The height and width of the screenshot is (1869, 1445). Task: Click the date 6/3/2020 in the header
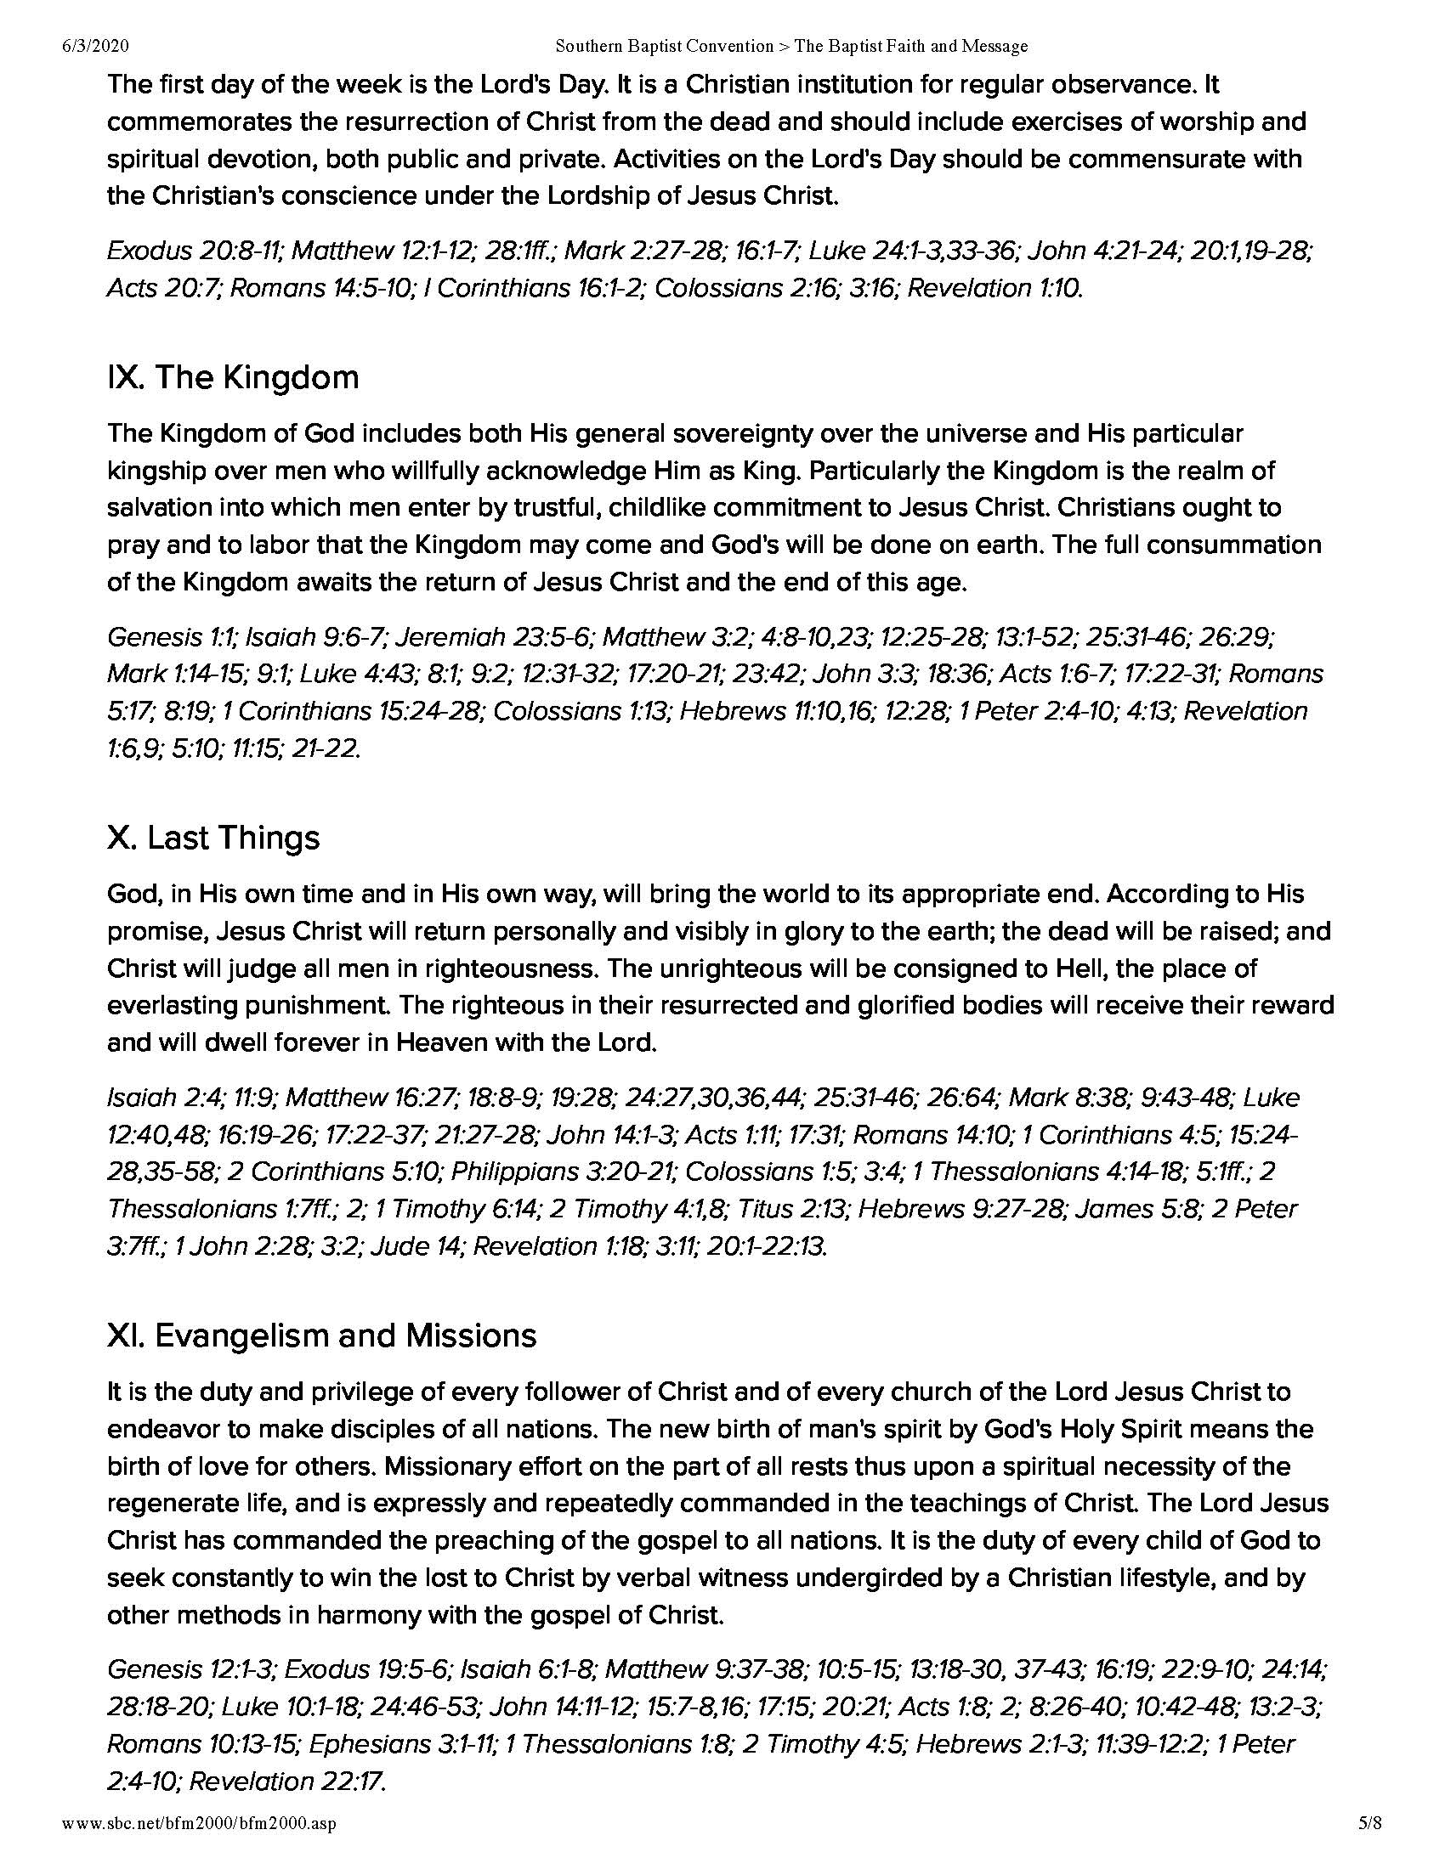(x=95, y=46)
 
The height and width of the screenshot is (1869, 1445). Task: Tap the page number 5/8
(x=1369, y=1824)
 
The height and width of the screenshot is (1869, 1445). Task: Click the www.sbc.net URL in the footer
(x=199, y=1824)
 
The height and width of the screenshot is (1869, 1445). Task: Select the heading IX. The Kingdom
(x=233, y=377)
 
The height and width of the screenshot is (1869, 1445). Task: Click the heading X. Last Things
(x=213, y=837)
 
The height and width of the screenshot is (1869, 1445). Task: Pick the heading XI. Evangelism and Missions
(x=322, y=1335)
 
